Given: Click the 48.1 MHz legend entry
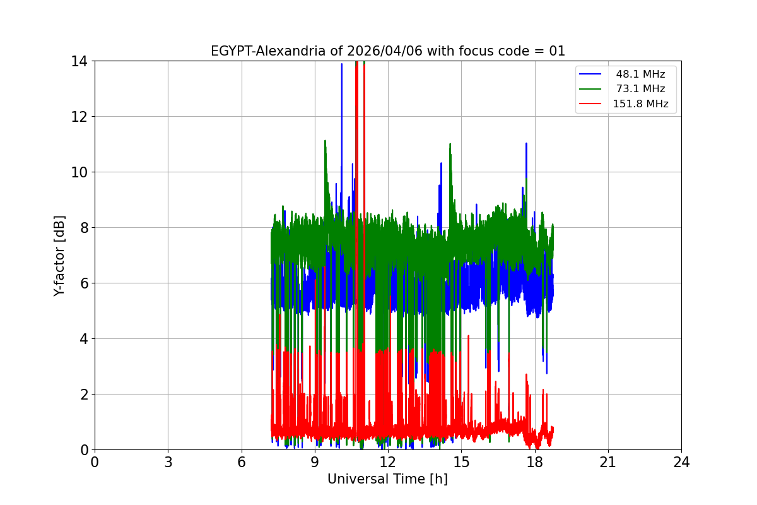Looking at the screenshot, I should tap(640, 74).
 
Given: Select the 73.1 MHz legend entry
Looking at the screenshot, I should tap(640, 89).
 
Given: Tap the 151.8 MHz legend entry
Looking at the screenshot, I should tap(640, 104).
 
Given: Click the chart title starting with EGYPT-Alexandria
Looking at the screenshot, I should tap(387, 51).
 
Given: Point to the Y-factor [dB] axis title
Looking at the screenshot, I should tap(59, 255).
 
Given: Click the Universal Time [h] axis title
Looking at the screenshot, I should tap(387, 479).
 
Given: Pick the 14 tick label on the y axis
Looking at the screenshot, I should tap(79, 61).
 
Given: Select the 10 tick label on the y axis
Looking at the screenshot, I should tap(79, 172).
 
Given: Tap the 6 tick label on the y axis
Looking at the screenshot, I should tap(83, 283).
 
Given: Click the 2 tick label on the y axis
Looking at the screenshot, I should tap(83, 395).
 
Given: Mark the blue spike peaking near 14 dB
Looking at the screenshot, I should tap(342, 65).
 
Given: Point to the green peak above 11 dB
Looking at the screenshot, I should tap(325, 142).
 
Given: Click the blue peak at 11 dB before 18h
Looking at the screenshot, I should tap(526, 145).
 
